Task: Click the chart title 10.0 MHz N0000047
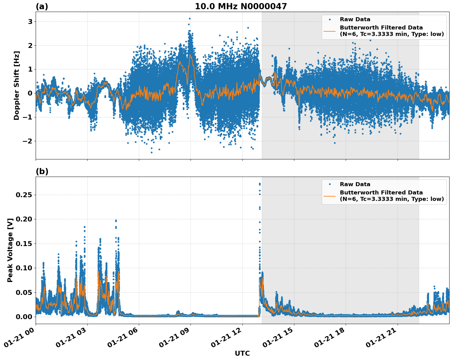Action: click(241, 6)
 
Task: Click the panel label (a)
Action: click(42, 6)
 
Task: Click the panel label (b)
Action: click(42, 171)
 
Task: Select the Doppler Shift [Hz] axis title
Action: click(17, 85)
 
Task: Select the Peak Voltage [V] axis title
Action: click(10, 250)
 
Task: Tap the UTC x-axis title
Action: click(242, 353)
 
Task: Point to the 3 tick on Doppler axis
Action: click(30, 22)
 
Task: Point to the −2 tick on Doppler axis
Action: click(28, 141)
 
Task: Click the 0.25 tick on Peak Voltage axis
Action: click(25, 195)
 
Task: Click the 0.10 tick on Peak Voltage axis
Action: click(25, 268)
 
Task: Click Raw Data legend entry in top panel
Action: click(355, 19)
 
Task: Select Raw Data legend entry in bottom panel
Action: click(355, 184)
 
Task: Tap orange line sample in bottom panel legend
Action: click(330, 196)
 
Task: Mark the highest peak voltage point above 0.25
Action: click(260, 184)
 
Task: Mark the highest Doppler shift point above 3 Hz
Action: click(190, 18)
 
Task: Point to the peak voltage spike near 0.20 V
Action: click(116, 221)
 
